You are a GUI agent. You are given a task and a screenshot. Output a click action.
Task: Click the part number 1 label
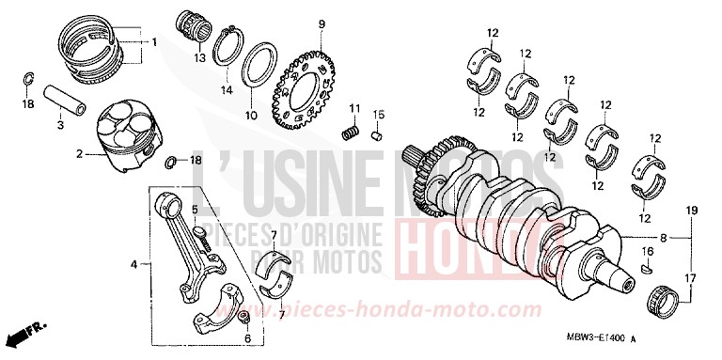click(x=155, y=42)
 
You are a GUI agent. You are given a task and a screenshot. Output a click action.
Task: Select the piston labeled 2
click(x=131, y=136)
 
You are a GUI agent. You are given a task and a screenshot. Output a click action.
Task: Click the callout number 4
click(x=133, y=265)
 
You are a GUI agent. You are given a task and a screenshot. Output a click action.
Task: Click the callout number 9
click(x=321, y=23)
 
